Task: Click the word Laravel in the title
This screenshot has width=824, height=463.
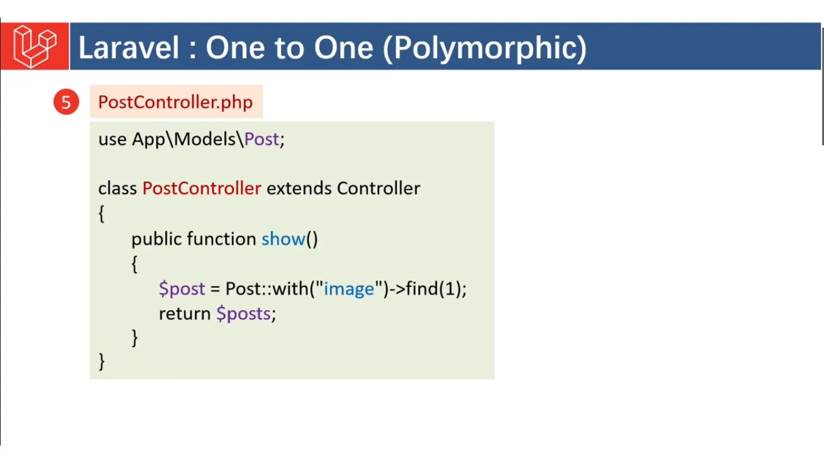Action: coord(128,48)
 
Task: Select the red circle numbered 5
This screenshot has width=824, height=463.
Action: coord(66,102)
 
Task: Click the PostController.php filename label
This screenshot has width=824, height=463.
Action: coord(175,102)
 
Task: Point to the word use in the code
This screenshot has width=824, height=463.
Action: coord(112,139)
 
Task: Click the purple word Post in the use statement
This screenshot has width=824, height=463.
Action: coord(262,139)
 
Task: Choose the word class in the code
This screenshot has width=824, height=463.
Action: coord(117,188)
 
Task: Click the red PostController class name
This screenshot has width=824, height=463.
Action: coord(202,188)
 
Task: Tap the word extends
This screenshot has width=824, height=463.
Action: coord(299,188)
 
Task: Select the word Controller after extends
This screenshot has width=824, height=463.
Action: coord(379,188)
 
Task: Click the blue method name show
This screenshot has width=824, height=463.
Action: coord(283,239)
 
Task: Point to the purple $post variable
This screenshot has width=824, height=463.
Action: coord(182,289)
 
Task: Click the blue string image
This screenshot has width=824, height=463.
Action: coord(349,289)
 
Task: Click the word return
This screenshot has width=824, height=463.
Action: coord(185,314)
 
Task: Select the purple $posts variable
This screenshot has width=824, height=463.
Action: coord(244,314)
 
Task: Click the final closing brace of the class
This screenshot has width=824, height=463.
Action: coord(101,361)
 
